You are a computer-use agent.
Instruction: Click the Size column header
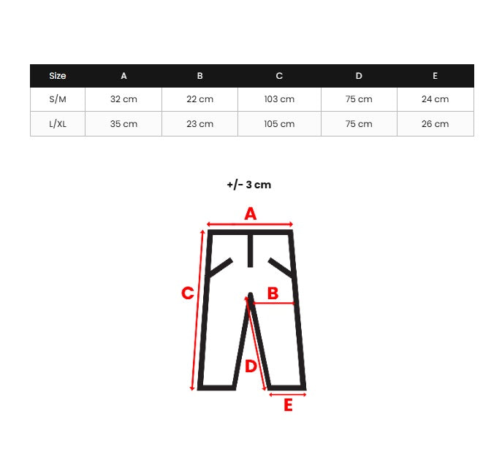58,76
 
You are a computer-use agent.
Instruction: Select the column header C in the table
279,76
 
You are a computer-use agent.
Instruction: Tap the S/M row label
58,99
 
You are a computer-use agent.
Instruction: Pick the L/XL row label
58,124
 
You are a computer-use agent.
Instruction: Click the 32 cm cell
123,99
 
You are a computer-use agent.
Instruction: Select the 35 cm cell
123,124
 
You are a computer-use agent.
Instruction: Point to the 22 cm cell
199,99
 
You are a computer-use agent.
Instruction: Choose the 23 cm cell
199,124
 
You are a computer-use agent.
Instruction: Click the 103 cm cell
279,99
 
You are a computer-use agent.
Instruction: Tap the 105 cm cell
279,124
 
